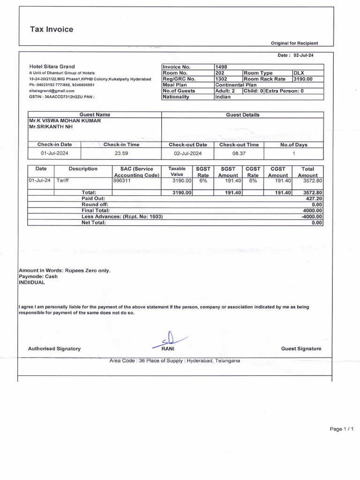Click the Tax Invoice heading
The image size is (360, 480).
coord(52,30)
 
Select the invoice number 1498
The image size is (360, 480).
coord(221,67)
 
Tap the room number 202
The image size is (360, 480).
coord(220,73)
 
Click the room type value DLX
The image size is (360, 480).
coord(299,73)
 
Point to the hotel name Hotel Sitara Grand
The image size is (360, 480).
coord(52,67)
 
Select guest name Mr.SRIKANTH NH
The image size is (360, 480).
coord(51,127)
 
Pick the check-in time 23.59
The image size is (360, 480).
coord(121,153)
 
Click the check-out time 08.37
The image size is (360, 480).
coord(239,153)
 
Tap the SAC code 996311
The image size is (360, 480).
coord(122,180)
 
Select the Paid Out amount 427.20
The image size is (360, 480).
coord(314,198)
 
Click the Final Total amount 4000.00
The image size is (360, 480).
coord(313,210)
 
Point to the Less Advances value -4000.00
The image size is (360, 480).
coord(312,217)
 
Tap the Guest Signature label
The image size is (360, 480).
coord(301,349)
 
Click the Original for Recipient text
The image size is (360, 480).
coord(294,43)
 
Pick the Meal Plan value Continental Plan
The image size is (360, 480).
coord(236,85)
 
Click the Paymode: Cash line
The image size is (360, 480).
coord(38,277)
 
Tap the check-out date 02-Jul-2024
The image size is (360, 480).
coord(187,153)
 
